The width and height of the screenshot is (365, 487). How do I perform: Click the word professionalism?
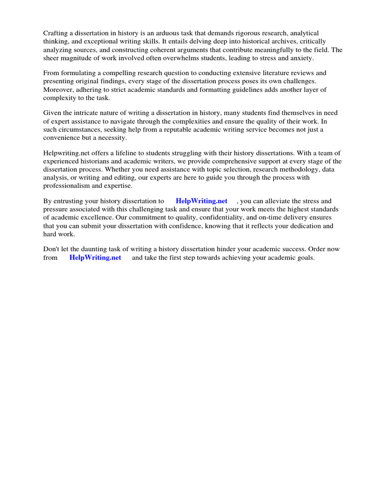coord(68,185)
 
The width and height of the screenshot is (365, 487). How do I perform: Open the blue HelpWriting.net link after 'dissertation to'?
coord(202,201)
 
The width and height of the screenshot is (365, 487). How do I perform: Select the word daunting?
coord(96,249)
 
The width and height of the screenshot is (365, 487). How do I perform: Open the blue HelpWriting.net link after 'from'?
coord(95,257)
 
